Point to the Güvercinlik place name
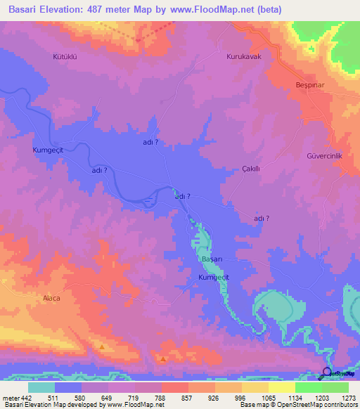(323, 155)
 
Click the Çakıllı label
(251, 169)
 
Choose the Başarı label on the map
(212, 259)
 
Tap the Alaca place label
(51, 298)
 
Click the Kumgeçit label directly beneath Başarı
(214, 278)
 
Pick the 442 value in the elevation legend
(22, 398)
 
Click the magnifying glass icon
(327, 373)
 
